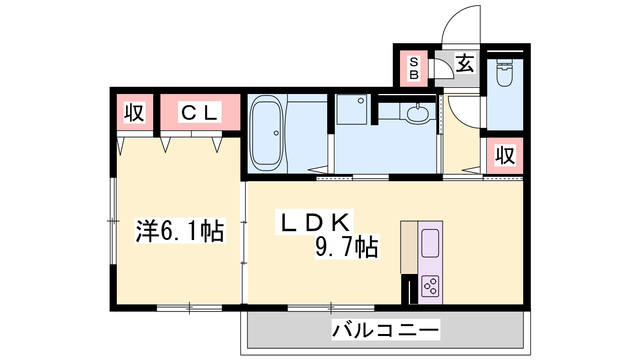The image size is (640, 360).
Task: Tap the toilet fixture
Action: pos(504,72)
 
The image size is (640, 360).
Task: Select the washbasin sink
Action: pos(418,114)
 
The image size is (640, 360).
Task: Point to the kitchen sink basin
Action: pos(430,243)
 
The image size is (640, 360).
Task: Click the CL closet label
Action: pos(200,112)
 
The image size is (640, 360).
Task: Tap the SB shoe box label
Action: pos(414,68)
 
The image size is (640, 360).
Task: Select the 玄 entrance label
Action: pos(465,63)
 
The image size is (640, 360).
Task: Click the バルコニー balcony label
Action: pos(386,330)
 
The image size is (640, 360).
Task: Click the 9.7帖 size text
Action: pos(347,247)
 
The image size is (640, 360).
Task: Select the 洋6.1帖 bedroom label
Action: pos(180,230)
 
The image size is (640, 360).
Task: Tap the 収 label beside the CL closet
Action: pos(134,112)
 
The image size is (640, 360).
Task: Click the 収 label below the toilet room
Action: pos(505,156)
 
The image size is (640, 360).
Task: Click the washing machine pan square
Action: pos(352,110)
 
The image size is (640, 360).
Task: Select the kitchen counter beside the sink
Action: pos(409,248)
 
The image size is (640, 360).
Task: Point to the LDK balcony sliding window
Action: pos(331,308)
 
